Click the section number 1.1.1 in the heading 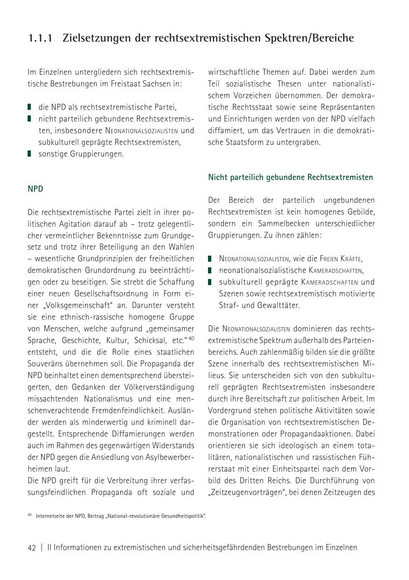42,38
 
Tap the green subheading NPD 36,189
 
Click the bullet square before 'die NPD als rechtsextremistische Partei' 30,107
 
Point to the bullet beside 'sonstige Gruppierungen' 30,154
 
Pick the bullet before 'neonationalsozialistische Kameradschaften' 210,270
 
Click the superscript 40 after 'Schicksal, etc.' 192,337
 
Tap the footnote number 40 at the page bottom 29,515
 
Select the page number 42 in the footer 32,548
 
